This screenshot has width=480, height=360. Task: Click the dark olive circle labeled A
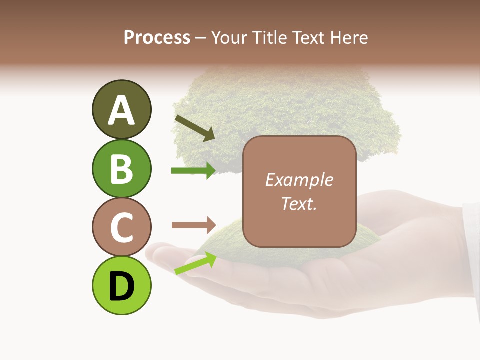coord(121,109)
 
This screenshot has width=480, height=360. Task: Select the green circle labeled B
coord(121,168)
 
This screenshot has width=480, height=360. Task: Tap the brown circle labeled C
coord(121,227)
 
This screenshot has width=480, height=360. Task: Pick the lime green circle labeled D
coord(121,285)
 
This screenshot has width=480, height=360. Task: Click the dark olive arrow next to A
coord(195,128)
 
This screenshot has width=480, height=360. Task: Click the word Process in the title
coord(157,37)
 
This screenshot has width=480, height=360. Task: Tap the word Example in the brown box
coord(299,180)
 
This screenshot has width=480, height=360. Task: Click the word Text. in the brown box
coord(299,203)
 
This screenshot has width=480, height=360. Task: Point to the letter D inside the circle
coord(121,286)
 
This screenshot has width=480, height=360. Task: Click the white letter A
coord(121,110)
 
